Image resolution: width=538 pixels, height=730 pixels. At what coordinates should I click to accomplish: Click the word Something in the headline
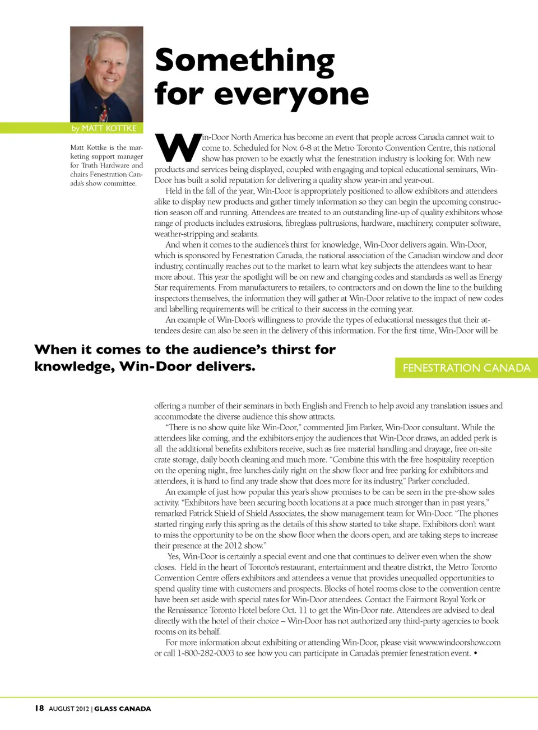(244, 61)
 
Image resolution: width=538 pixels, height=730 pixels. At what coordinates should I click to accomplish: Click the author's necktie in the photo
(103, 112)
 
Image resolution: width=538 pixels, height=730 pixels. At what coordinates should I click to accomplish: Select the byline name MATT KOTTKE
(109, 128)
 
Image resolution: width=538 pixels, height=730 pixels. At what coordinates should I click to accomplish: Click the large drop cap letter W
(177, 148)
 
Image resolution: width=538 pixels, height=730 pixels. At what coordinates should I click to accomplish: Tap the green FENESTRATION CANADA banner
(466, 368)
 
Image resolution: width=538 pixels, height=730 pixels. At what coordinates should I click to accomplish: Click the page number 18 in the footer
(39, 708)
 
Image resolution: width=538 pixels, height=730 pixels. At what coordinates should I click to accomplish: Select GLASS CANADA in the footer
(123, 709)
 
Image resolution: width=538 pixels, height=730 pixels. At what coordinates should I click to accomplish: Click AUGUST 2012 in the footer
(69, 709)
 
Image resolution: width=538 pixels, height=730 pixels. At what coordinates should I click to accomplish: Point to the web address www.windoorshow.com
(460, 643)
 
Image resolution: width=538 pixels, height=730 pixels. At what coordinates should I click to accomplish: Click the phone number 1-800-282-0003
(206, 653)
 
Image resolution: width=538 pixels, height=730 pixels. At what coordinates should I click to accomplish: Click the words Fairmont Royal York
(439, 599)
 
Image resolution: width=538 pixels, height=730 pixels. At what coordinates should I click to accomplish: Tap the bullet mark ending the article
(475, 653)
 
